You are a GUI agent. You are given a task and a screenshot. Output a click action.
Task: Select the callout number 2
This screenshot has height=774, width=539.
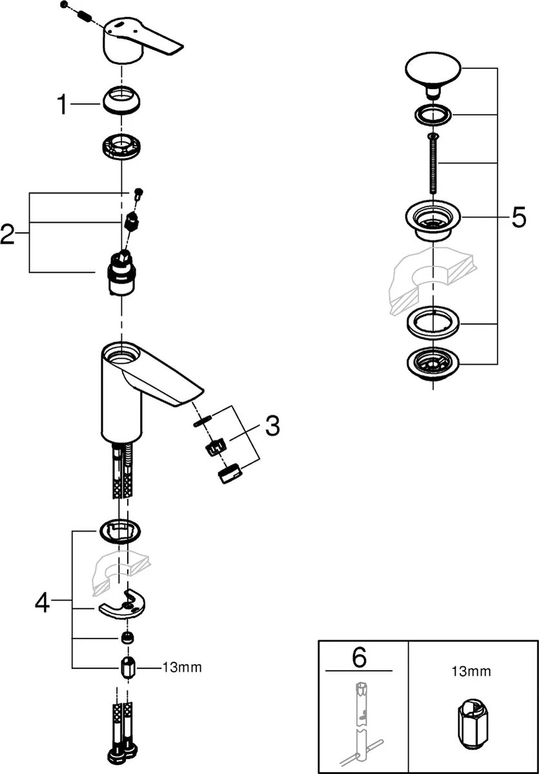click(8, 233)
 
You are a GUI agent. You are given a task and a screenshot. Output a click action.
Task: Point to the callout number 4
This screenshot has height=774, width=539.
click(42, 603)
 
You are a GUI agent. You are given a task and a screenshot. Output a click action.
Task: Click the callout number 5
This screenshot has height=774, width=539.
click(518, 218)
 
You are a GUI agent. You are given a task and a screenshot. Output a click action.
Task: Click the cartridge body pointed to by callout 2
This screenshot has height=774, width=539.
click(121, 275)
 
